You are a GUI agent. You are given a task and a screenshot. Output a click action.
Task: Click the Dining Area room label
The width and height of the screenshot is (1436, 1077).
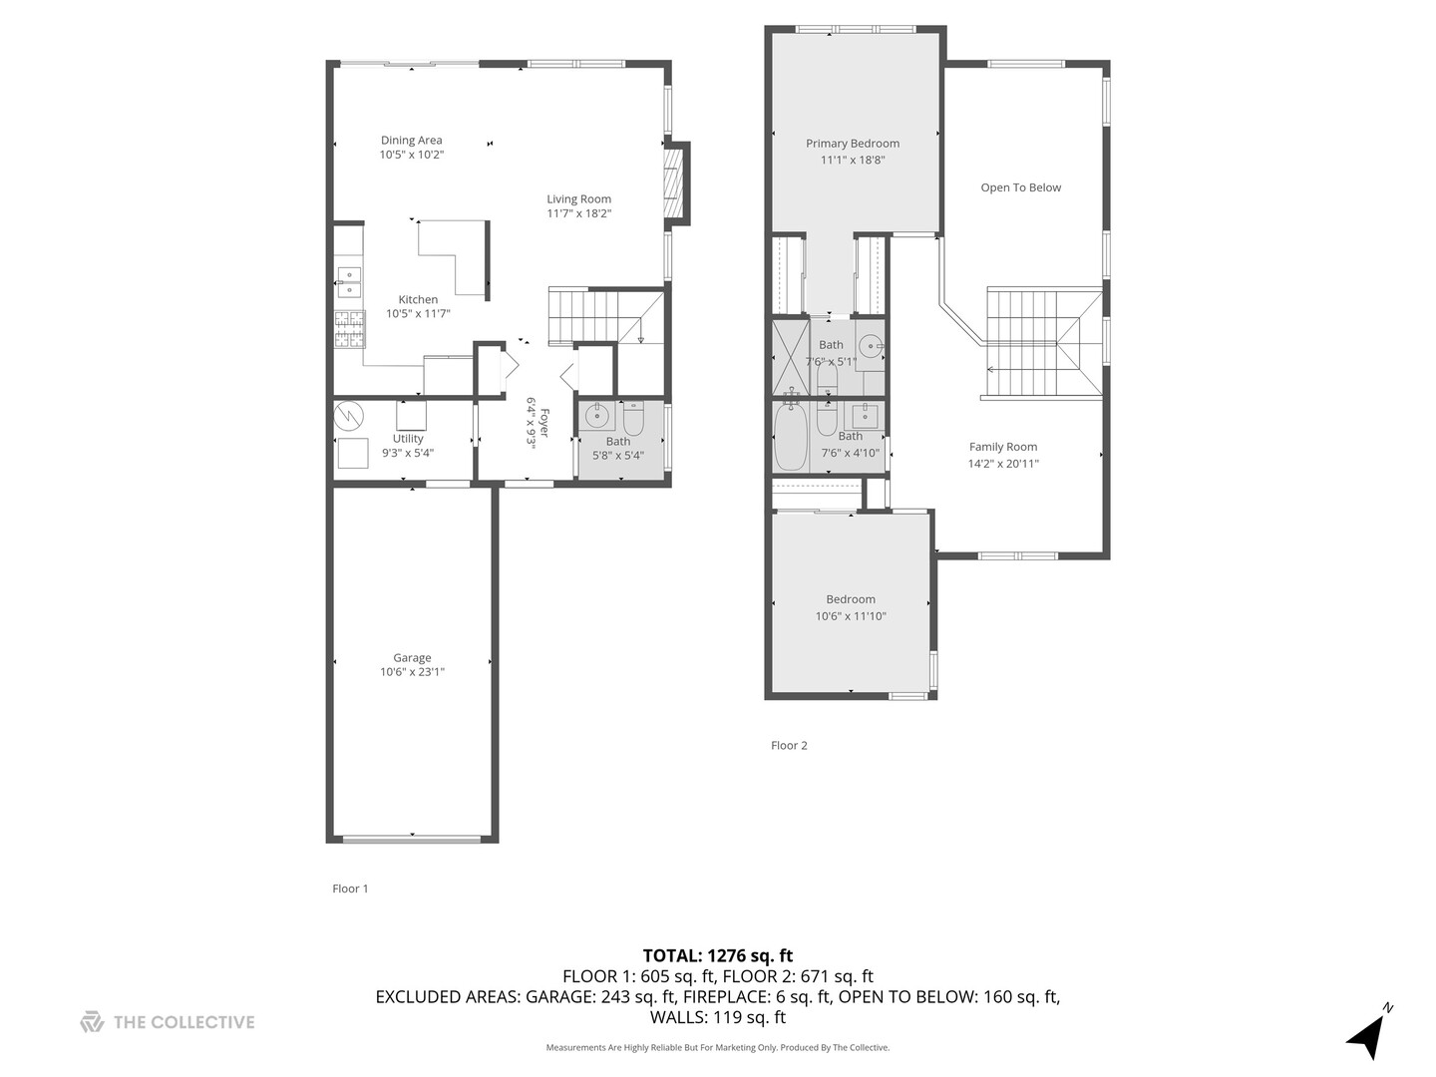[411, 141]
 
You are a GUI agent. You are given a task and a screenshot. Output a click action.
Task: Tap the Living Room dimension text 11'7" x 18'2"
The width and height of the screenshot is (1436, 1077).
[578, 213]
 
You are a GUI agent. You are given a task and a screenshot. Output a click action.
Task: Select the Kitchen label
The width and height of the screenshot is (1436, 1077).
[418, 299]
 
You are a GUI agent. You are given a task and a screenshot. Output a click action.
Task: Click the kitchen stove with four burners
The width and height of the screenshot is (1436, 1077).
[349, 329]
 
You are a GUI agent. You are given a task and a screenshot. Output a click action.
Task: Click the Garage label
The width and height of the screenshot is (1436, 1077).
[412, 658]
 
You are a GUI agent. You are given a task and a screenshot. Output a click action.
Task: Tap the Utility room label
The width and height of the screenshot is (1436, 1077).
[408, 439]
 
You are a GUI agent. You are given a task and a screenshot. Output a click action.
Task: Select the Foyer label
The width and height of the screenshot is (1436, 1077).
[544, 416]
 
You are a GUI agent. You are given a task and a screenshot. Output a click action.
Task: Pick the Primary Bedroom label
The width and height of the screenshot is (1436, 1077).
[853, 144]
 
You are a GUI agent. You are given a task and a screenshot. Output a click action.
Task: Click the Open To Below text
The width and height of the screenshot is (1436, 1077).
[1021, 187]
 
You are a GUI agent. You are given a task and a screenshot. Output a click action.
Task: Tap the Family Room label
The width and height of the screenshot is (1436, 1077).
[1003, 447]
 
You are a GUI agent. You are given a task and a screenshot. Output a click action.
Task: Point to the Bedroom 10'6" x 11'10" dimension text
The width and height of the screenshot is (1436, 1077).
[851, 616]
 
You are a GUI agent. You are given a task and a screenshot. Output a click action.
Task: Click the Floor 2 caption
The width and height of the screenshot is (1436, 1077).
[789, 745]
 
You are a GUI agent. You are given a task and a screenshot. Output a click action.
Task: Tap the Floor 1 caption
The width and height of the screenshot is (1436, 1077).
[350, 889]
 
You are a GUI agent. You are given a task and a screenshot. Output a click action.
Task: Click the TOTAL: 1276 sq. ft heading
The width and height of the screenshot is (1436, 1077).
[717, 955]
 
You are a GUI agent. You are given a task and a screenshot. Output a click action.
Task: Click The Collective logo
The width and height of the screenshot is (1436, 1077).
[168, 1022]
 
